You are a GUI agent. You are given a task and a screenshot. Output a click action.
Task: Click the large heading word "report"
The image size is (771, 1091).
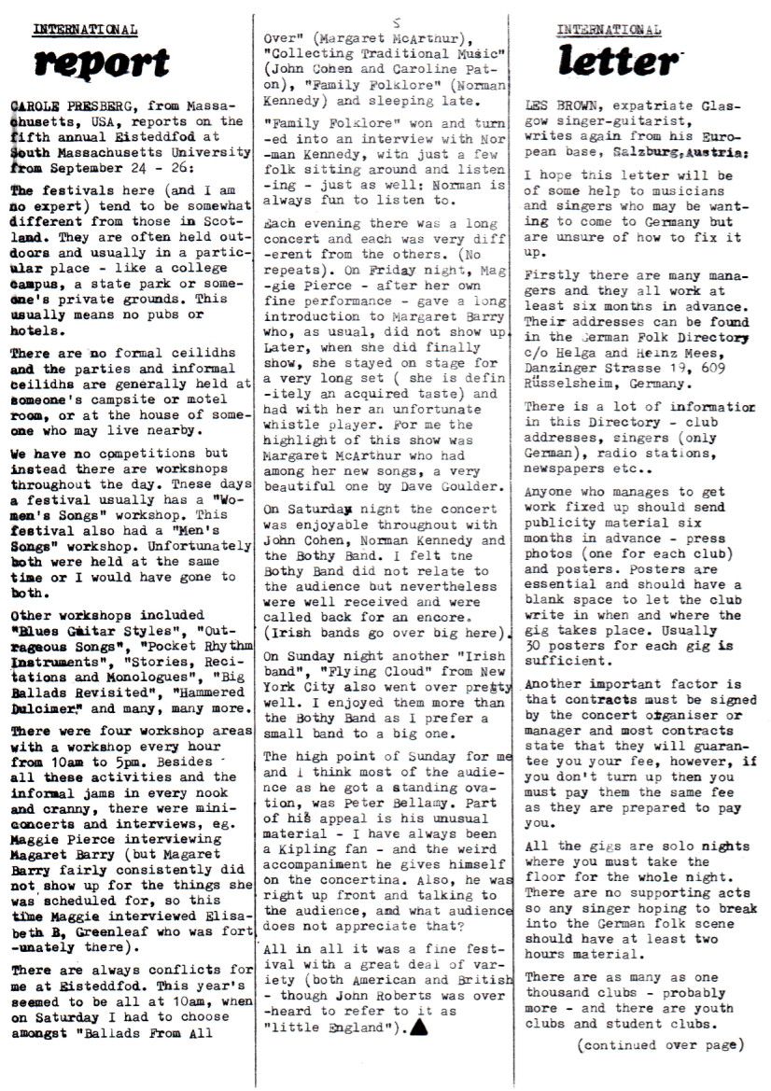point(102,63)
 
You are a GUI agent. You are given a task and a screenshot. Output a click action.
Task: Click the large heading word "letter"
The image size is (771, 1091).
point(617,61)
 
